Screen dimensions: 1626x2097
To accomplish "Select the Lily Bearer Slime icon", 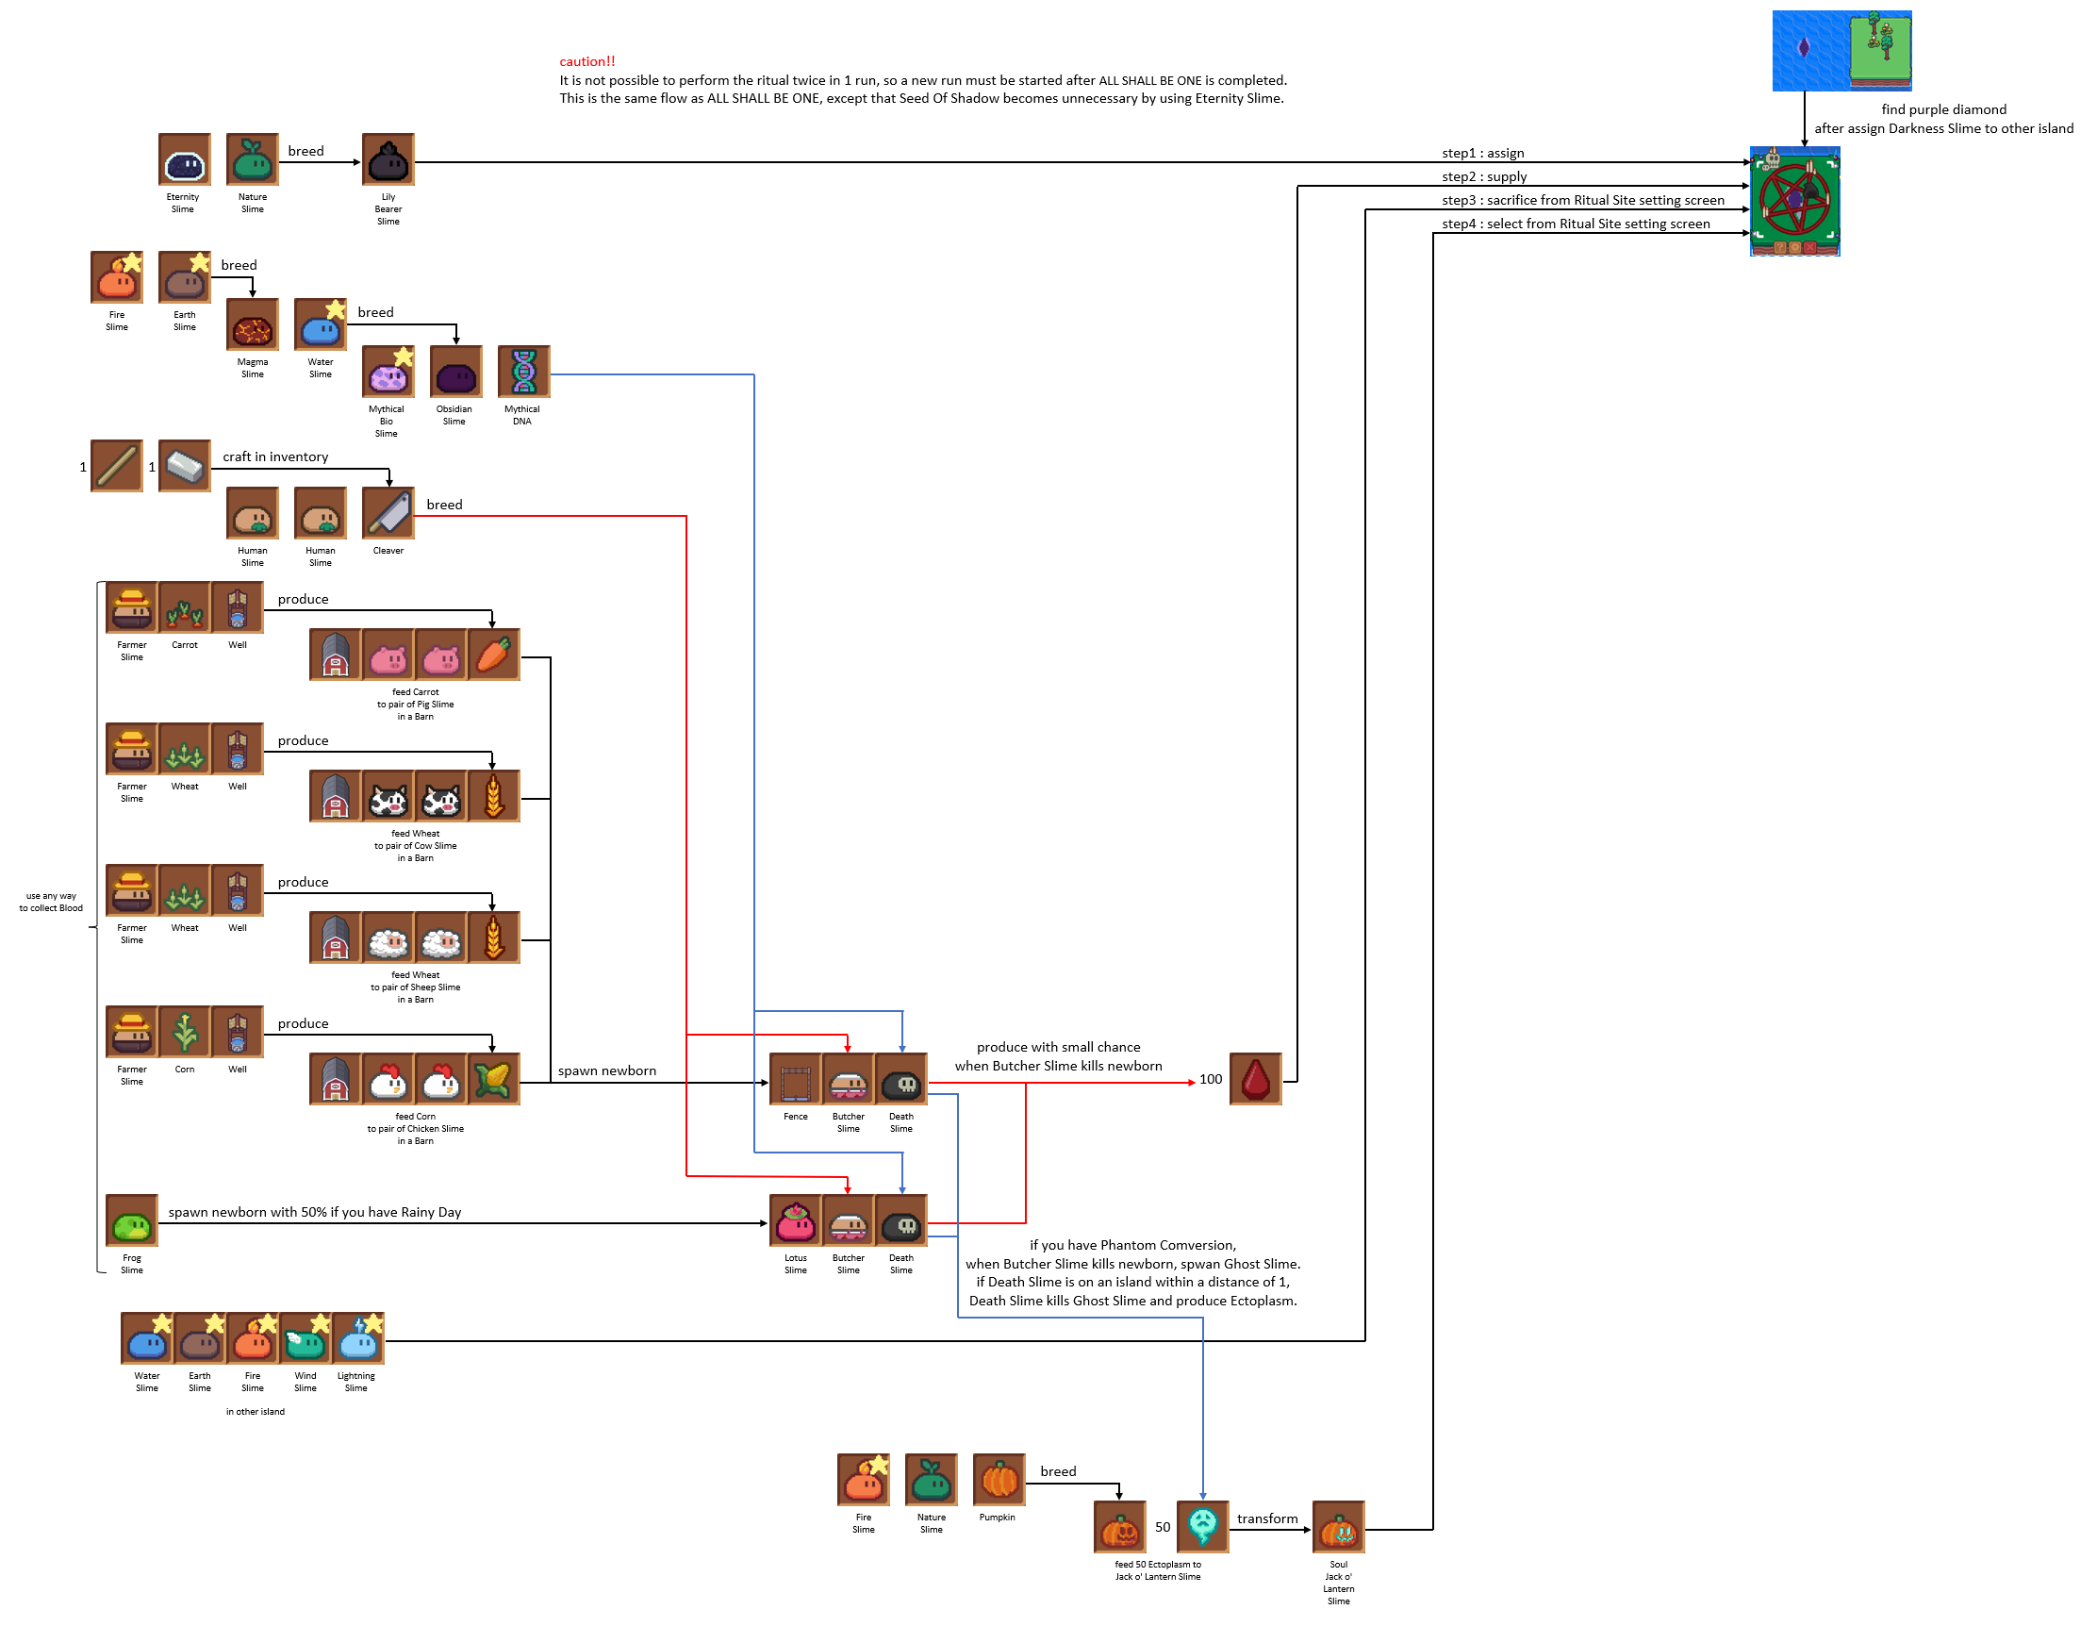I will pyautogui.click(x=388, y=159).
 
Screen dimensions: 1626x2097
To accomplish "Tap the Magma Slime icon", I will pyautogui.click(x=253, y=324).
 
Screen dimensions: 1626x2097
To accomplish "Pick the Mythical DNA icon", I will pyautogui.click(x=523, y=372).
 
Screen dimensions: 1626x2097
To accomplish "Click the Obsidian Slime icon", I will pyautogui.click(x=455, y=372).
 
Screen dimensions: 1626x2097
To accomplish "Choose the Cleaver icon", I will pyautogui.click(x=388, y=513).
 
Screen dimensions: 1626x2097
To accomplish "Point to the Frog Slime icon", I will pyautogui.click(x=132, y=1220).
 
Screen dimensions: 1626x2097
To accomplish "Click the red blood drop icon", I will pyautogui.click(x=1255, y=1080).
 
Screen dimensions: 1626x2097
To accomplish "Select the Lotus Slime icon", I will pyautogui.click(x=795, y=1220).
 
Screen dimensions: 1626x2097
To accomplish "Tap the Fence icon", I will pyautogui.click(x=795, y=1080).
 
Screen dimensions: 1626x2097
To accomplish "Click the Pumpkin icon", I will pyautogui.click(x=999, y=1480).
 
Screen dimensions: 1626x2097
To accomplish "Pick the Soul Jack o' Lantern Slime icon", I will pyautogui.click(x=1338, y=1527).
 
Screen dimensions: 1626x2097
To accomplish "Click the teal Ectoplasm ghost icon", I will pyautogui.click(x=1202, y=1527).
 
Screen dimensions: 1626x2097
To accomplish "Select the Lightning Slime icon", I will pyautogui.click(x=358, y=1339).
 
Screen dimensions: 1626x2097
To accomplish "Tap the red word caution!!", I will pyautogui.click(x=586, y=61).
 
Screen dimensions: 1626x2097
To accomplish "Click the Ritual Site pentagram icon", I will pyautogui.click(x=1794, y=202).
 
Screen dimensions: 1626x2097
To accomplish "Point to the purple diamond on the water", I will pyautogui.click(x=1803, y=47).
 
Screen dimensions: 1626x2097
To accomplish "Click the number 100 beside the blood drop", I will pyautogui.click(x=1211, y=1080).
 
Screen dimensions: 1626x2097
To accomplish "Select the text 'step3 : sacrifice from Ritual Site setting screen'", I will pyautogui.click(x=1582, y=200).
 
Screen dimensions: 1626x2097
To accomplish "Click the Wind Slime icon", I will pyautogui.click(x=305, y=1339).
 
